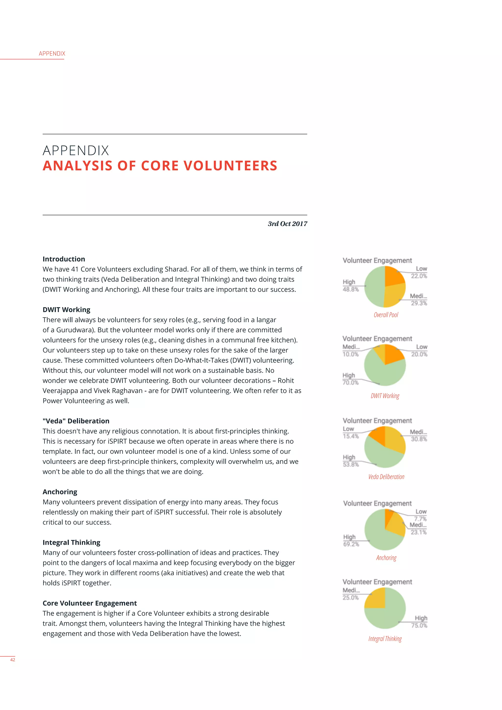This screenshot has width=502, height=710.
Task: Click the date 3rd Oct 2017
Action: (287, 224)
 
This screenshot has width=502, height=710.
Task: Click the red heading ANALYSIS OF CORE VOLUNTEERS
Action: (160, 166)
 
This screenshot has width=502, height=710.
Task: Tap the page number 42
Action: (13, 659)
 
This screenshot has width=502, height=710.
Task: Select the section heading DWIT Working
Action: (66, 310)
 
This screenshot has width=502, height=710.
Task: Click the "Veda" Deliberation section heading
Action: (76, 421)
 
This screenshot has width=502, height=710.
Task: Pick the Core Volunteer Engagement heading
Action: (90, 603)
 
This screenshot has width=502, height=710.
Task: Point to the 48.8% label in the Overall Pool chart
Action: (351, 290)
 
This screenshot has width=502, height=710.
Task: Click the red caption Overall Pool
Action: (386, 315)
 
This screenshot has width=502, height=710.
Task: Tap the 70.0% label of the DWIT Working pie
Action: (351, 382)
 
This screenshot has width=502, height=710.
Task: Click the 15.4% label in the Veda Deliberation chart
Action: (351, 436)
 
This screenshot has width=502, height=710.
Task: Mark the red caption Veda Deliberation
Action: (386, 477)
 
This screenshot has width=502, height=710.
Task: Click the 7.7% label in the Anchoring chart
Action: (420, 519)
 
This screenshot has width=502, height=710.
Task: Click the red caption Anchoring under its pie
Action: (386, 558)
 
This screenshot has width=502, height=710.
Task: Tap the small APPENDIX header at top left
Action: (52, 53)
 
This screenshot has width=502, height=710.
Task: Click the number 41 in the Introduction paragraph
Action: (75, 269)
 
